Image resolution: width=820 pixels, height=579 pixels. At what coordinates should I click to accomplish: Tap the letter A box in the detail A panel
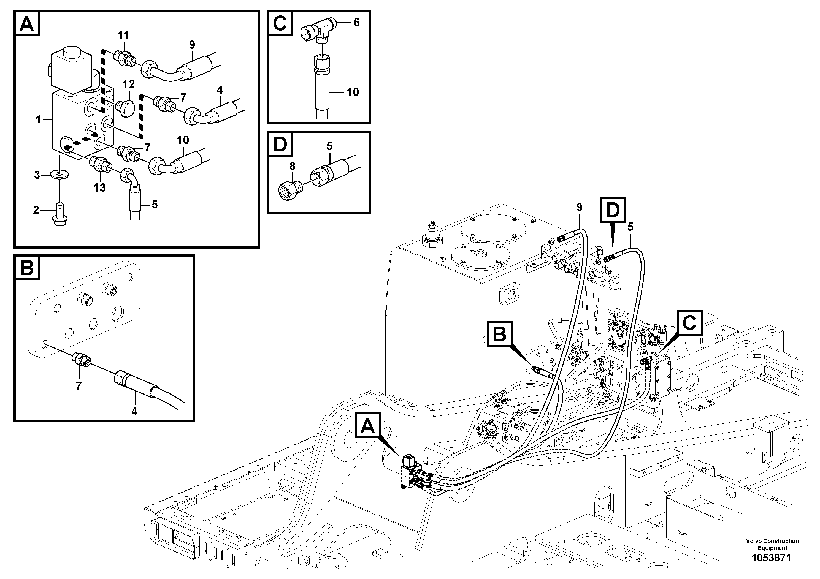coord(28,24)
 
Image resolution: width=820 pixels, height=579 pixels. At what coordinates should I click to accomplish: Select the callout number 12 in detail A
coord(129,84)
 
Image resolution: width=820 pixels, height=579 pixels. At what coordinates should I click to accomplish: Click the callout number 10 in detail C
coord(353,92)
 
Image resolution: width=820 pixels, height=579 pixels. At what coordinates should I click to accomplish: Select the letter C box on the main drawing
coord(689,323)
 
